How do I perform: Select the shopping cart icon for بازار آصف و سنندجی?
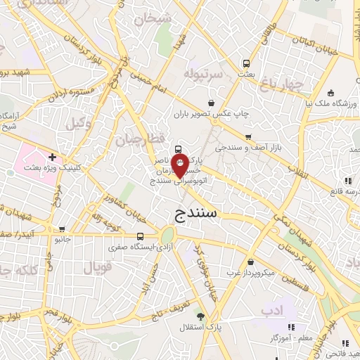247,137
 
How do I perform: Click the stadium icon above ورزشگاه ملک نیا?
330,92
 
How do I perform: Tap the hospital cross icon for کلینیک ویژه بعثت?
52,156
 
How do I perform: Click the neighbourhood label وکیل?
79,124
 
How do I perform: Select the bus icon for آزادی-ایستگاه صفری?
140,236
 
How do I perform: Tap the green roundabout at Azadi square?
167,236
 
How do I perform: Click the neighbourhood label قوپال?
97,267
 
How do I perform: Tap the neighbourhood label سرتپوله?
203,73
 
